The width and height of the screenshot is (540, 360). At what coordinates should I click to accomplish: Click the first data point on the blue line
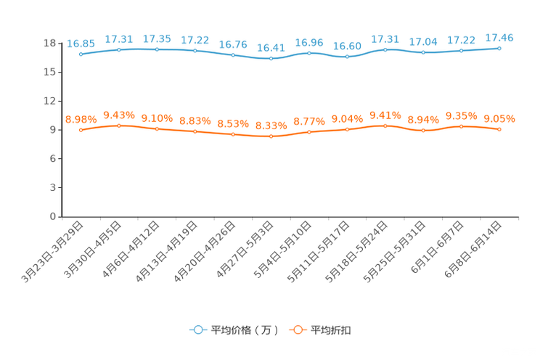click(x=81, y=54)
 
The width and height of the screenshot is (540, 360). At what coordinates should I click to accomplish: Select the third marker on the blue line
click(x=157, y=49)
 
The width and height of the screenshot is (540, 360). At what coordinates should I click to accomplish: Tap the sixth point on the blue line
click(x=271, y=58)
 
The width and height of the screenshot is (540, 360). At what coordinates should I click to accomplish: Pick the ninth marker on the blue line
click(x=385, y=49)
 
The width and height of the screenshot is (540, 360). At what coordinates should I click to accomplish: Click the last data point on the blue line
click(x=499, y=48)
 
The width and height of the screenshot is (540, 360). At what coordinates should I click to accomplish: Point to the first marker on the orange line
click(x=81, y=130)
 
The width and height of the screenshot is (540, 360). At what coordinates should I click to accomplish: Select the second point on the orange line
click(x=119, y=126)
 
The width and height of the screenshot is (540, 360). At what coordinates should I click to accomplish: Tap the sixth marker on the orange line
click(x=271, y=136)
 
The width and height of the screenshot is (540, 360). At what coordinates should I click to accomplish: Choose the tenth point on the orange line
click(x=423, y=131)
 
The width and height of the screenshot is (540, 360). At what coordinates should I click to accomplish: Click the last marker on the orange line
click(x=499, y=129)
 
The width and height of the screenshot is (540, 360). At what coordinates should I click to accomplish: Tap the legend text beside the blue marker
click(x=244, y=330)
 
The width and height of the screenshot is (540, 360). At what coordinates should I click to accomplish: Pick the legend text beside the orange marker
click(x=331, y=330)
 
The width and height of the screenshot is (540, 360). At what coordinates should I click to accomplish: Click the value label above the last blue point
click(x=499, y=38)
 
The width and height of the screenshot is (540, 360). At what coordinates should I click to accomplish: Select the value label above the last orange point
click(x=499, y=118)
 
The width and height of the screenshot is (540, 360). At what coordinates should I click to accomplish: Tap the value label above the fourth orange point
click(x=195, y=120)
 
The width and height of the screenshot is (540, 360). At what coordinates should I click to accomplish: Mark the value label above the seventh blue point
click(x=309, y=42)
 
